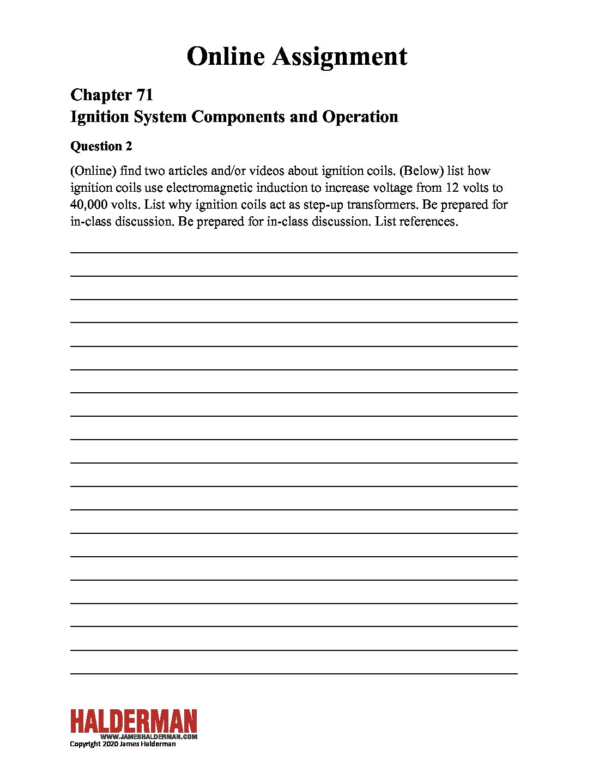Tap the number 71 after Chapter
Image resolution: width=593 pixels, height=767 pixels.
tap(144, 95)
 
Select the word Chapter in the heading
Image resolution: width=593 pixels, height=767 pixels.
tap(100, 95)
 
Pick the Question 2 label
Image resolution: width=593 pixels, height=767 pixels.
tap(101, 146)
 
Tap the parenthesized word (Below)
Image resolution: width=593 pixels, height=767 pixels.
tap(421, 171)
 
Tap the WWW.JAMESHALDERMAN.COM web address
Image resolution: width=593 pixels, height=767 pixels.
tap(149, 736)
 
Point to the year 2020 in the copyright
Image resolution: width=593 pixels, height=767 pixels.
tap(109, 744)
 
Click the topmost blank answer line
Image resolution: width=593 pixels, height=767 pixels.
tap(294, 252)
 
